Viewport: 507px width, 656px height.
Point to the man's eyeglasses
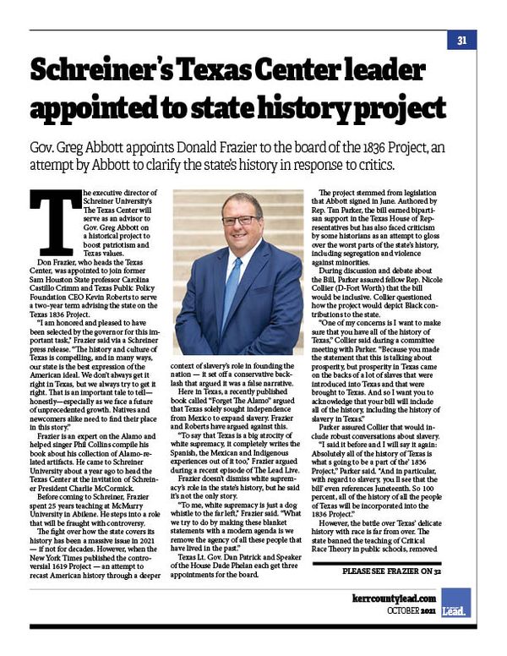241,220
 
